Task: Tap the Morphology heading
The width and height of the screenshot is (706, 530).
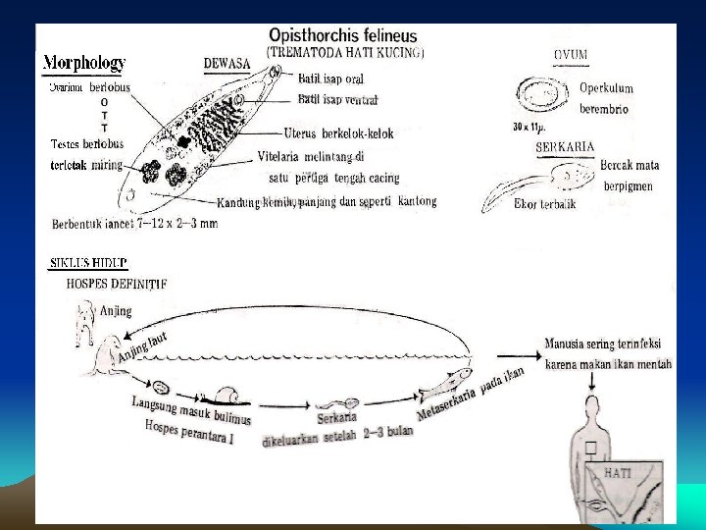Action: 83,63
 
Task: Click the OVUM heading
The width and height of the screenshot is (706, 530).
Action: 571,53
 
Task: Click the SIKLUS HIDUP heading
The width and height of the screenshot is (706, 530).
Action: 88,263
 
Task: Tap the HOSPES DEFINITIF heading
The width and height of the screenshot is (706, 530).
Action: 116,283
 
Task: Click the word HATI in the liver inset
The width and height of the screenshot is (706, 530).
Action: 618,472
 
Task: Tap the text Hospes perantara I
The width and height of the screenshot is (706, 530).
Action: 188,433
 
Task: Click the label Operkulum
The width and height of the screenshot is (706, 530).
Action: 613,89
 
